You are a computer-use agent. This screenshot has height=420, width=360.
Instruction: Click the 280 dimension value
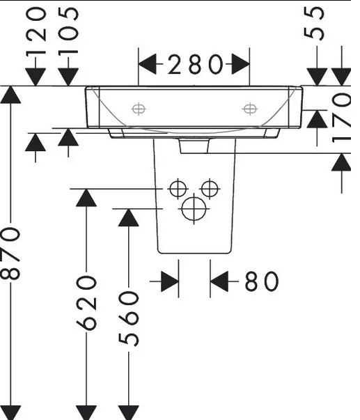pos(195,64)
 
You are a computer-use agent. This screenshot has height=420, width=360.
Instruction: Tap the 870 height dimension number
pos(10,253)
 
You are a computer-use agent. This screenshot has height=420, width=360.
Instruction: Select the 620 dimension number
pos(86,303)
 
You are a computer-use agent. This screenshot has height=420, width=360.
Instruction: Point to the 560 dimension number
pos(129,319)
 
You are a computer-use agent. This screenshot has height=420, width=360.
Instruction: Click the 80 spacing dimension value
pos(262,281)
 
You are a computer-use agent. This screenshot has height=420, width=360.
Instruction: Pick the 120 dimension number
pos(36,31)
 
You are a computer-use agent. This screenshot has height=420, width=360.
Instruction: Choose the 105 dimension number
pos(68,31)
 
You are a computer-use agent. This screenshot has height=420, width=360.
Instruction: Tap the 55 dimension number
pos(314,23)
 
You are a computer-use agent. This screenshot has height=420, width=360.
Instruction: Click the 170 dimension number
pos(341,117)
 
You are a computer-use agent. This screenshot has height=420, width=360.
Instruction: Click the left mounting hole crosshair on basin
pos(139,109)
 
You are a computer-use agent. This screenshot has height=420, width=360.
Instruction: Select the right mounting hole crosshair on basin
pos(250,109)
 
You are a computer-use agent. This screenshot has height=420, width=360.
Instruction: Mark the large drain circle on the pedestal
pos(194,208)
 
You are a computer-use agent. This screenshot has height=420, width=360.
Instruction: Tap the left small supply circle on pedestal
pos(178,189)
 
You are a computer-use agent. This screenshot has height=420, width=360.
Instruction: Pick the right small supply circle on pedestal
pos(210,189)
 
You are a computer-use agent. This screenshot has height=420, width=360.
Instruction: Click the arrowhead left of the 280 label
pos(148,64)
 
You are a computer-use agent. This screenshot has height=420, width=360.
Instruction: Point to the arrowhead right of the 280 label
pos(240,64)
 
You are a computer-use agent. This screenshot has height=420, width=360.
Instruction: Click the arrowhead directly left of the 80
pos(219,281)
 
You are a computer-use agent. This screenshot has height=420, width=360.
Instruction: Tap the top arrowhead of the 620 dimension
pos(86,198)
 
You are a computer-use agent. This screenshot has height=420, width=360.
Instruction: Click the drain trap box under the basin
pos(194,146)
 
